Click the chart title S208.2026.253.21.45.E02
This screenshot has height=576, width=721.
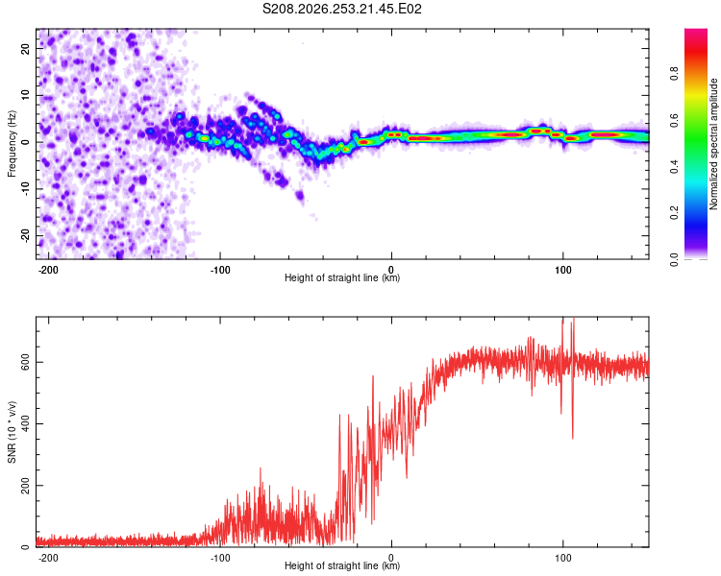point(341,9)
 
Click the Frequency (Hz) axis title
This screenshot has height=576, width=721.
point(12,144)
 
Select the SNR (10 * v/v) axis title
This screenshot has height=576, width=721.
point(12,432)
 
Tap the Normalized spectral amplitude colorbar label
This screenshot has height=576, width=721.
point(713,144)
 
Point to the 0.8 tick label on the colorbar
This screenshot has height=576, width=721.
point(674,73)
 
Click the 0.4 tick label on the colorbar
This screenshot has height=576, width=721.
point(674,166)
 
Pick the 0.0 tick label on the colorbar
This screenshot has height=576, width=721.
point(674,259)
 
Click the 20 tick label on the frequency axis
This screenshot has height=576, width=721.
point(25,48)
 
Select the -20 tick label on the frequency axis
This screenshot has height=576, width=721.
point(25,235)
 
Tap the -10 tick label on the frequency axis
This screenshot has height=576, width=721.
point(25,189)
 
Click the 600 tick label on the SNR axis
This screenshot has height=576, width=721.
point(25,363)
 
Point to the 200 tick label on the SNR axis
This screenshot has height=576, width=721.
point(25,486)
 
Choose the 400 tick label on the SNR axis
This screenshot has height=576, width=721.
point(25,424)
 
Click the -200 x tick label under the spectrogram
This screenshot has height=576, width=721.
point(47,270)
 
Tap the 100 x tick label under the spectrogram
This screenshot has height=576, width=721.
point(562,270)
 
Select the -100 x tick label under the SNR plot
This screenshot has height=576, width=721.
point(220,558)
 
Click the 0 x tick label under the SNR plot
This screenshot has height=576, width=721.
point(391,558)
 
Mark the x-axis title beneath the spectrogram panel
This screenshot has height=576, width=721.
point(342,277)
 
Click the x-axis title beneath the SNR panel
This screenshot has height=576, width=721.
point(342,565)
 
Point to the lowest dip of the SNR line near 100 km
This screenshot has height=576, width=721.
point(573,439)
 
